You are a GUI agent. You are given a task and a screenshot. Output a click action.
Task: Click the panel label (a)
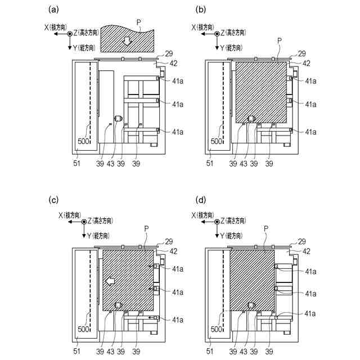pos(54,9)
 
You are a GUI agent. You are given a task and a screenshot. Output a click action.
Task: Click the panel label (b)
pos(201,9)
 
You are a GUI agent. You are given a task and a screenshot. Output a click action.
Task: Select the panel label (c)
pos(54,200)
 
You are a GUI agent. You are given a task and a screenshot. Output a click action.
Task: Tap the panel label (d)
pos(201,200)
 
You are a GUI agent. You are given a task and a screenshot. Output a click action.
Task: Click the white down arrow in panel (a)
pos(128,40)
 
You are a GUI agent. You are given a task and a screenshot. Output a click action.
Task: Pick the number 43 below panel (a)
pos(115,163)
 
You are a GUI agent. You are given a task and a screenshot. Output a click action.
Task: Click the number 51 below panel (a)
pos(75,163)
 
